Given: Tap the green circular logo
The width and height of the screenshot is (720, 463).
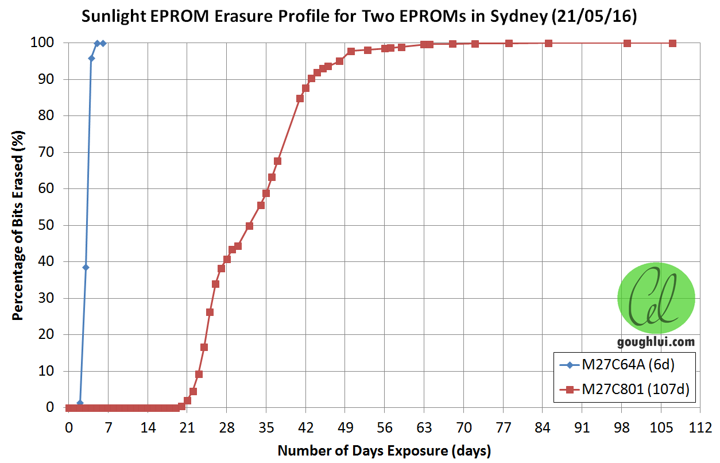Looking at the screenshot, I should (656, 298).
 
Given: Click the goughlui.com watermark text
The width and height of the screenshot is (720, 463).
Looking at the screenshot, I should (656, 342).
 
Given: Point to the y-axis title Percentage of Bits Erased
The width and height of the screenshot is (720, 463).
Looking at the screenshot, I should (18, 225).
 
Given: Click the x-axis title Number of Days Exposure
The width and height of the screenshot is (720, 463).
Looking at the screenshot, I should (384, 450).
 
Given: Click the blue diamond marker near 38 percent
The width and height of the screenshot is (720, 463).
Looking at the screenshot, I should (86, 267).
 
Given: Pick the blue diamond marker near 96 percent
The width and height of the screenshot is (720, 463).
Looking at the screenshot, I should (91, 58).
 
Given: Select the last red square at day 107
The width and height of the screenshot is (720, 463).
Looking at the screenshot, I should (672, 43).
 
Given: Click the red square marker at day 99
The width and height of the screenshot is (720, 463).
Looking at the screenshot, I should (627, 43).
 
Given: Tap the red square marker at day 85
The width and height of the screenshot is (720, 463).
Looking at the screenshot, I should (548, 43).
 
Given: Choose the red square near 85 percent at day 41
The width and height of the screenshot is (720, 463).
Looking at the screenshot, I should (300, 98).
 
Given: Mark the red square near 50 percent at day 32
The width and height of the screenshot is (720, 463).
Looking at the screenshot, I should (249, 226).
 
